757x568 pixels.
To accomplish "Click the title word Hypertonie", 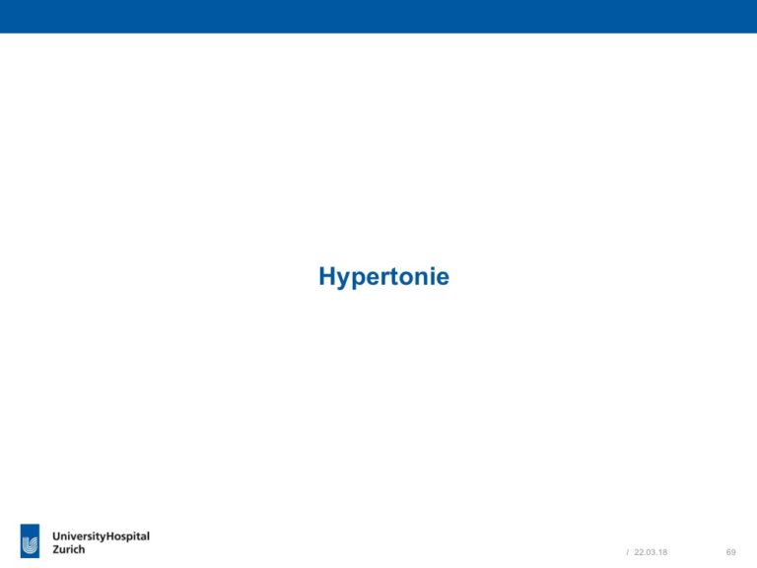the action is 383,277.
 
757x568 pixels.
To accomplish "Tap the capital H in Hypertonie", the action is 327,276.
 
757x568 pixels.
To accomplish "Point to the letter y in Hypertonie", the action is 345,280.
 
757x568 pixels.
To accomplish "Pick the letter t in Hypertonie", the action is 402,276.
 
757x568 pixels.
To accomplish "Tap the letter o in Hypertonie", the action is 415,278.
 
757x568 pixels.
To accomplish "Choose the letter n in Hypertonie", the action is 431,278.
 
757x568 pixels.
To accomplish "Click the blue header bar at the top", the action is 378,17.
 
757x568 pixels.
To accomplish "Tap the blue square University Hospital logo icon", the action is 30,540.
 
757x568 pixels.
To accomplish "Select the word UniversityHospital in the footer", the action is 101,536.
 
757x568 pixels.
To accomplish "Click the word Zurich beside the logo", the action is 69,549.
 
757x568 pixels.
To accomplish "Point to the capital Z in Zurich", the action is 56,549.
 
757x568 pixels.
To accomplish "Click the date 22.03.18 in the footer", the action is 651,552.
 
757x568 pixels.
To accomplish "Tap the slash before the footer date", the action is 628,552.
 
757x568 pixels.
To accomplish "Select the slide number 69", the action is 731,552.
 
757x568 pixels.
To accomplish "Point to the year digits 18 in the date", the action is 662,552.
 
